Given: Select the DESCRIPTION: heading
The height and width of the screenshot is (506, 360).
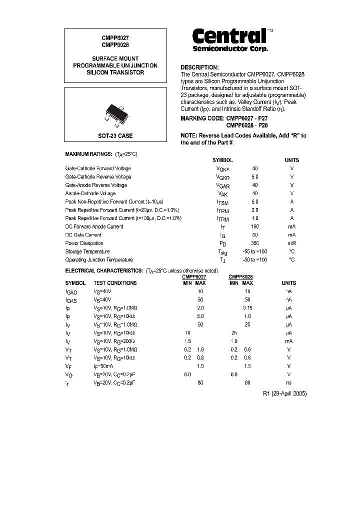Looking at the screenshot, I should click(x=199, y=67).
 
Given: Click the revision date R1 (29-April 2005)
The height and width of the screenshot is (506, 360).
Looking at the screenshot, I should click(x=284, y=393).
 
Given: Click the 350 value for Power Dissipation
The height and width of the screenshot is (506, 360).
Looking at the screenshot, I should click(x=255, y=243).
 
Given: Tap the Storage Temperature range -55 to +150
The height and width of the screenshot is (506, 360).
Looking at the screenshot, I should click(x=255, y=251).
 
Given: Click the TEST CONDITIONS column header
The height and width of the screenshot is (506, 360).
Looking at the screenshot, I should click(x=115, y=283).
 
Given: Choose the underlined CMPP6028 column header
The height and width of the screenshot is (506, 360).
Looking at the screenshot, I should click(x=240, y=276).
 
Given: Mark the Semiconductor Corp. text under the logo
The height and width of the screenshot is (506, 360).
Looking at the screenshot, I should click(x=230, y=49).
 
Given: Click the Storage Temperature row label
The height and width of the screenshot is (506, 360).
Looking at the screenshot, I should click(x=87, y=251).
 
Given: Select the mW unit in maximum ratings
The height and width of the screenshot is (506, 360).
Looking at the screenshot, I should click(x=291, y=243).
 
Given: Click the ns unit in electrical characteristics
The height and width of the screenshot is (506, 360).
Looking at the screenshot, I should click(x=288, y=382).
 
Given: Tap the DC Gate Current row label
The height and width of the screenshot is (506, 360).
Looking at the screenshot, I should click(x=83, y=235).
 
